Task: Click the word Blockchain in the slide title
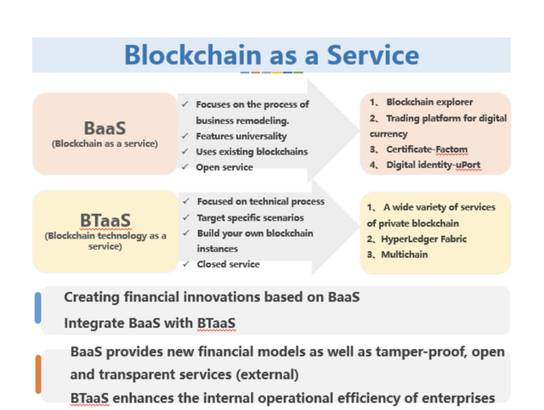click(x=192, y=55)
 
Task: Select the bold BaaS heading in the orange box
click(x=105, y=128)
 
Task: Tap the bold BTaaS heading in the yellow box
click(x=105, y=221)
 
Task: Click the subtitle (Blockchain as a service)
click(x=105, y=143)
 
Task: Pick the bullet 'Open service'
click(x=224, y=167)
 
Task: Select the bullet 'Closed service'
click(x=227, y=264)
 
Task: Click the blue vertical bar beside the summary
click(x=38, y=307)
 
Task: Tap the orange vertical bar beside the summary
click(x=38, y=373)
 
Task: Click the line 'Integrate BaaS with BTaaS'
click(x=150, y=323)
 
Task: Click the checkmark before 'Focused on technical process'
click(x=186, y=201)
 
